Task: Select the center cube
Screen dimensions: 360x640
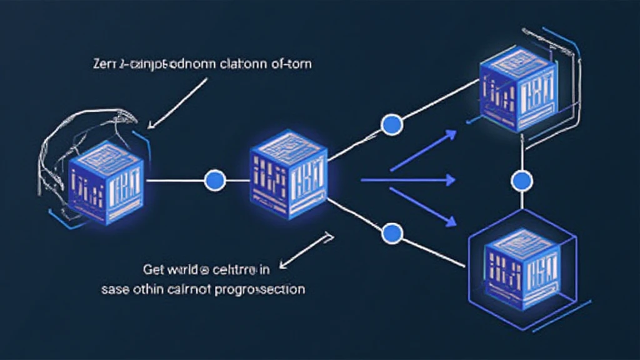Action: (288, 175)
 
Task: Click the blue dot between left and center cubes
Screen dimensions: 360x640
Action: (214, 180)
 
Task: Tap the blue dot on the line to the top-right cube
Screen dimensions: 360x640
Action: (391, 125)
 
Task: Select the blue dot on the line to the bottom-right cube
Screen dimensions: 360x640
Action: (392, 234)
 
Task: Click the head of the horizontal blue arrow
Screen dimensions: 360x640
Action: (451, 180)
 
